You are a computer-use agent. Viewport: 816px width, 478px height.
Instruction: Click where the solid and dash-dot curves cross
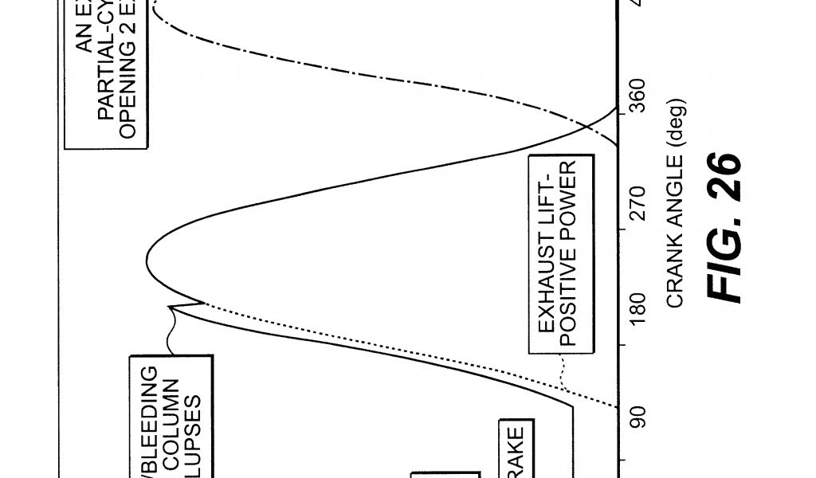tap(586, 126)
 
